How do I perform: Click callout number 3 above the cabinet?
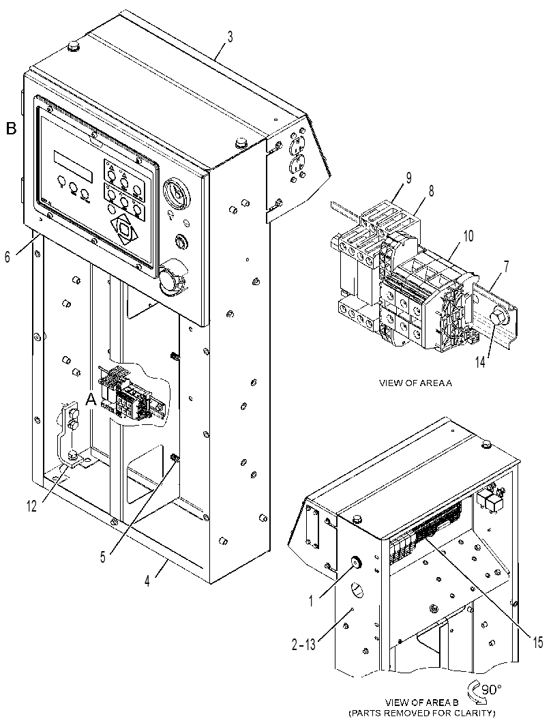(230, 36)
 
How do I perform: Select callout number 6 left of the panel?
(8, 256)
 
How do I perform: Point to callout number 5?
(103, 557)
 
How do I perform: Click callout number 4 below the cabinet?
(147, 580)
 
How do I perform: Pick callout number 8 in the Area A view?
(431, 191)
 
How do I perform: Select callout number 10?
(468, 237)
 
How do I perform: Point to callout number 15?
(538, 643)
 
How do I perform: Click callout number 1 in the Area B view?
(311, 600)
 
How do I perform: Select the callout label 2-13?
(303, 645)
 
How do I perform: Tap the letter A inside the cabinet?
(91, 401)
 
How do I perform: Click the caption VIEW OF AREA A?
(415, 383)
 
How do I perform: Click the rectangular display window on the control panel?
(74, 166)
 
